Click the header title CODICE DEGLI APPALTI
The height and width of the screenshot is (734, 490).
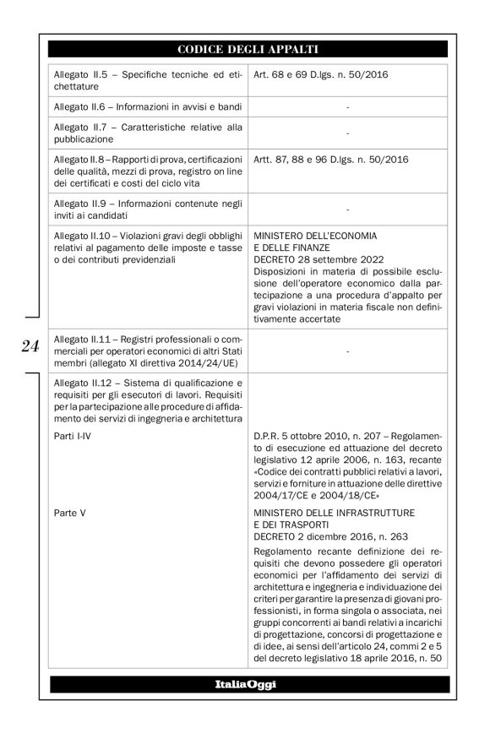coord(248,48)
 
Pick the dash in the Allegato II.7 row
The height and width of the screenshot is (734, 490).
coord(347,133)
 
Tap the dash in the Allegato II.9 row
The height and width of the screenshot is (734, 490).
coord(347,207)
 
